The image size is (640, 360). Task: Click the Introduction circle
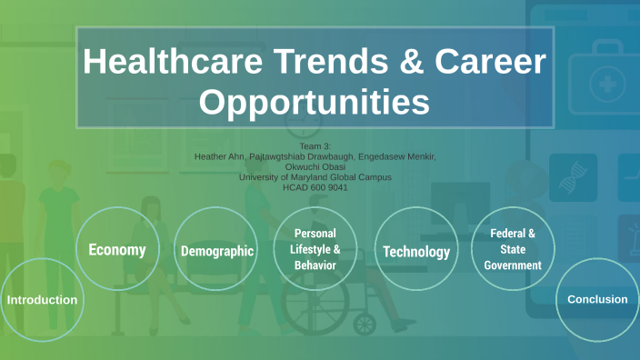[42, 300]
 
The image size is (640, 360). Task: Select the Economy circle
[117, 249]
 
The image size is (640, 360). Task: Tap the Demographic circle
[216, 250]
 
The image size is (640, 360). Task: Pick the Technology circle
[415, 251]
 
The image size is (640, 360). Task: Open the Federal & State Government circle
[513, 249]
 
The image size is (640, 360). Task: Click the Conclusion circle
[596, 299]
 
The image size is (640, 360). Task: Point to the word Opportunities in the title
[315, 102]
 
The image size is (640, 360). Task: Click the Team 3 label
[315, 146]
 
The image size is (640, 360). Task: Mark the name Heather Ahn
[220, 156]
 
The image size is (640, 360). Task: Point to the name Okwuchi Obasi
[315, 166]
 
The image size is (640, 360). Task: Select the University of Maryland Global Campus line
[315, 176]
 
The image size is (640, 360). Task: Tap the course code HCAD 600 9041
[315, 186]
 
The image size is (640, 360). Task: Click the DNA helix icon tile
[573, 176]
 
